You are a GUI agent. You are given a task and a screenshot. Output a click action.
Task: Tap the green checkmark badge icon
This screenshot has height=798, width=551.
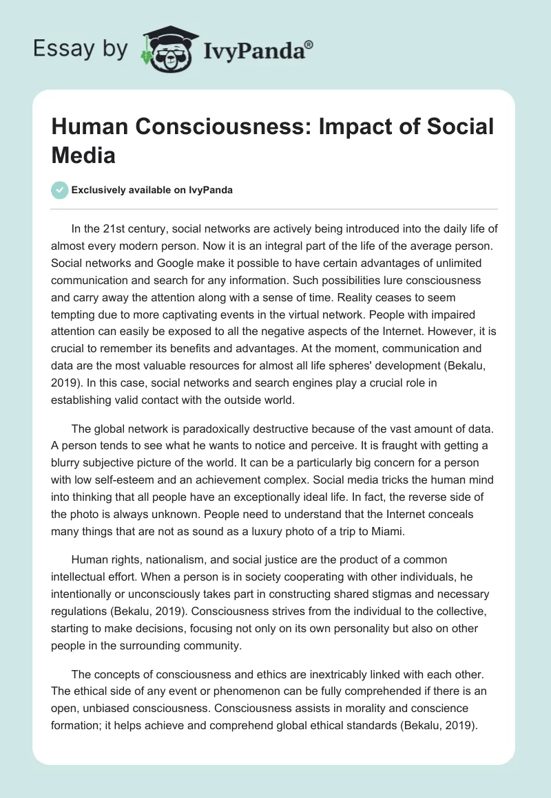tap(61, 190)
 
